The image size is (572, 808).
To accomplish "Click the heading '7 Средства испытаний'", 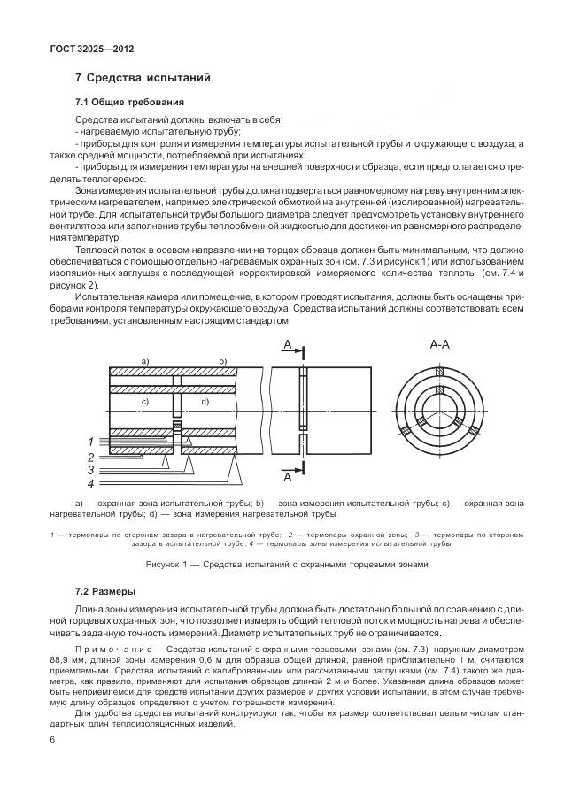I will click(x=143, y=78).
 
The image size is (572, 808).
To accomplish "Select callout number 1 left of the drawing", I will click(x=89, y=441).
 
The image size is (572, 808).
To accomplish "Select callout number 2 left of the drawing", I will click(x=89, y=457).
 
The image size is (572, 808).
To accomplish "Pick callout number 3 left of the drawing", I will click(x=89, y=470).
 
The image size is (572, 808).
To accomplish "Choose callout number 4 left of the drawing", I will click(x=89, y=484).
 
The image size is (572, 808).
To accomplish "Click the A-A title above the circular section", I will click(x=440, y=345).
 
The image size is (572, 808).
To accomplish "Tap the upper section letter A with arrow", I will click(x=288, y=344).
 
